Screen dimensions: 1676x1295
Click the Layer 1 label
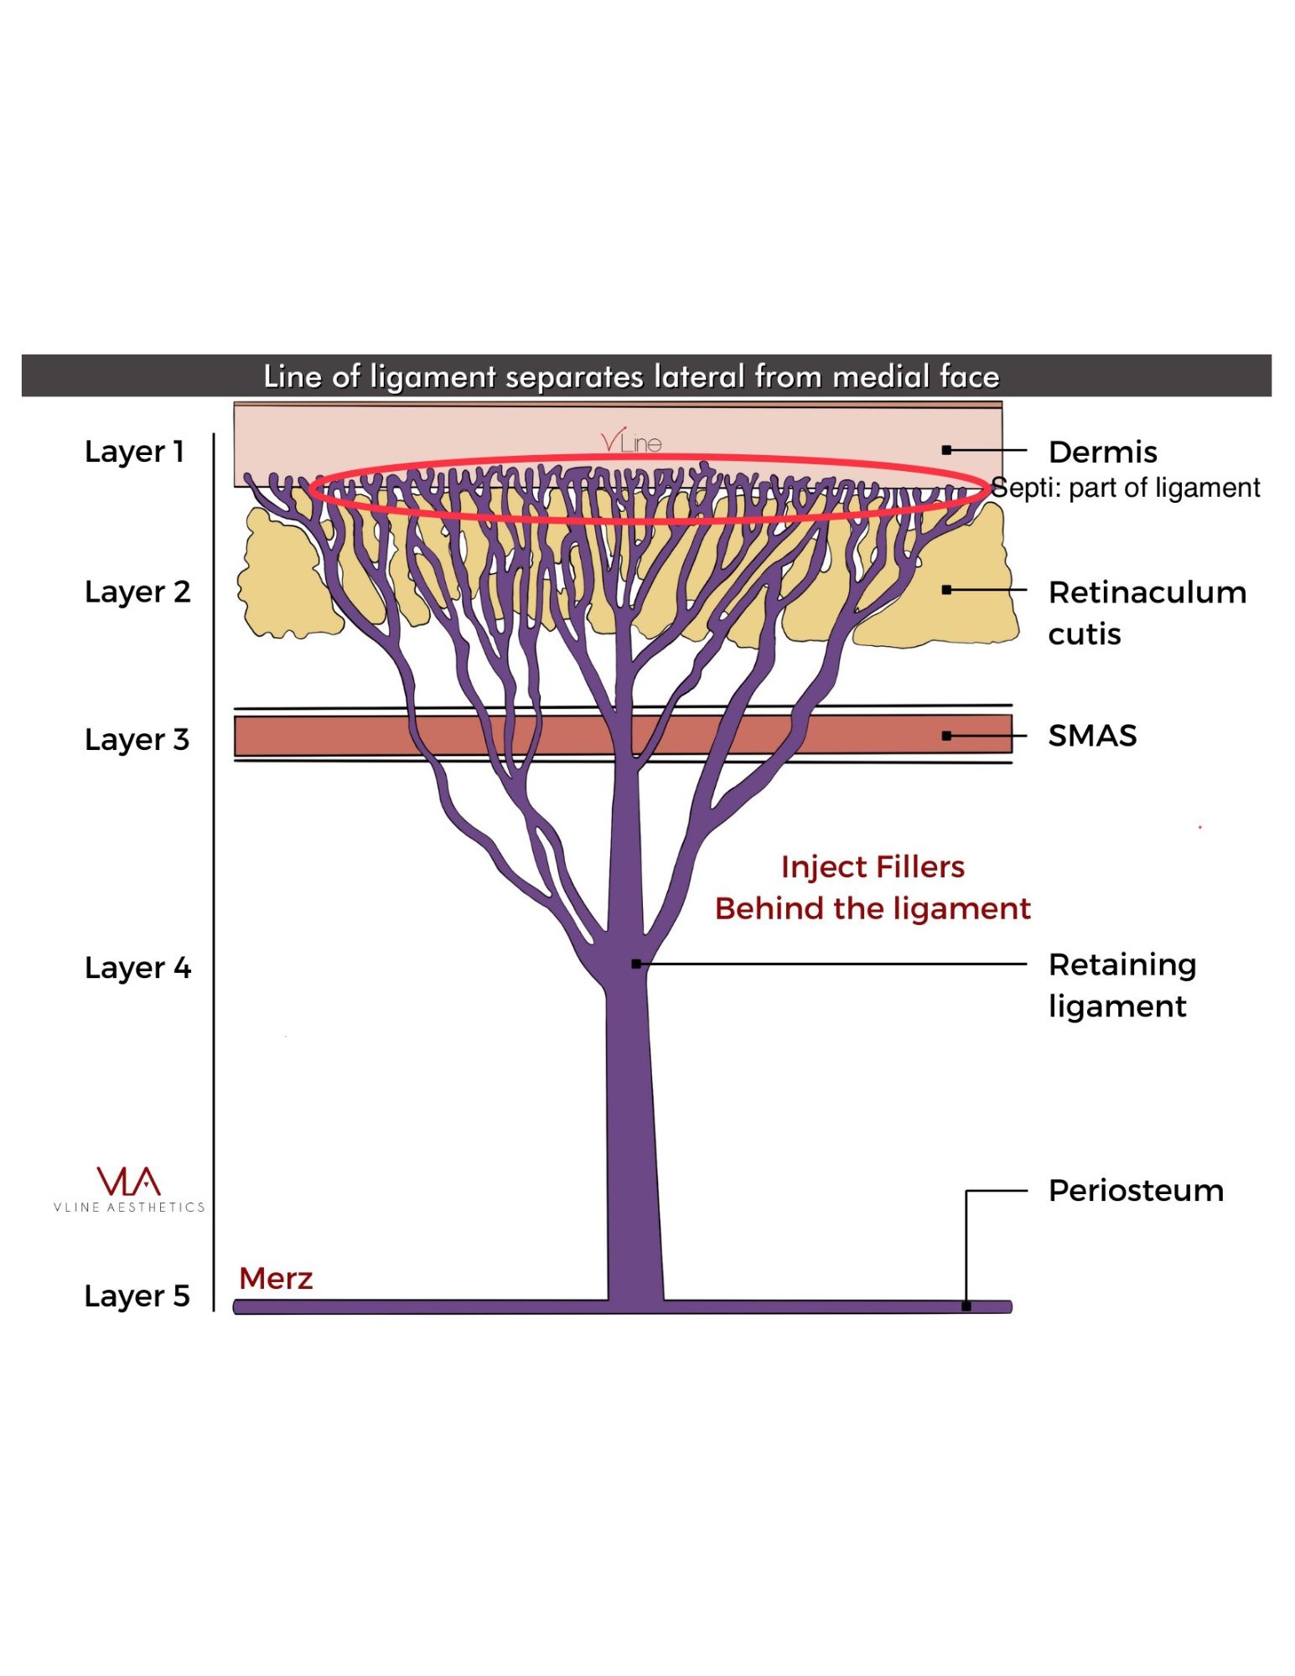coord(134,452)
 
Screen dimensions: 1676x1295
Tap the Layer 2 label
coord(137,592)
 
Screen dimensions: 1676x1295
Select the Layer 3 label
coord(137,739)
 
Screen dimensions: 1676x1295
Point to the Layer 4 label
coord(137,968)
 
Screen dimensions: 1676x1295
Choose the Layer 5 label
coord(137,1296)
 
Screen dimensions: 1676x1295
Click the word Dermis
coord(1102,452)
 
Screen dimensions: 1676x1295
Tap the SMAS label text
coord(1092,736)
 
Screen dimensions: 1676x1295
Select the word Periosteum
coord(1136,1191)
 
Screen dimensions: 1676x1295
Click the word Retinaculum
coord(1147,592)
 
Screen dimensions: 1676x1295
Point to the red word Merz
coord(276,1279)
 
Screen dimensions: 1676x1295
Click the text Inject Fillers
coord(873,867)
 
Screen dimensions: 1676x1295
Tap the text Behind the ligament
coord(873,909)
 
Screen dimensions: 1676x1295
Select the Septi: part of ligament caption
coord(1126,488)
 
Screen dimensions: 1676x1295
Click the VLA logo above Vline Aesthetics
coord(128,1181)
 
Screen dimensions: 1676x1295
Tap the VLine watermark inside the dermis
coord(631,441)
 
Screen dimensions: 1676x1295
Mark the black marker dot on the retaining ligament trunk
coord(636,965)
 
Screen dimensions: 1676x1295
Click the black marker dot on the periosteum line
coord(966,1306)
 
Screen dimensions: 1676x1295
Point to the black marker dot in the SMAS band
coord(946,736)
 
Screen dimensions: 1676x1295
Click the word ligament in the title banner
coord(433,377)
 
